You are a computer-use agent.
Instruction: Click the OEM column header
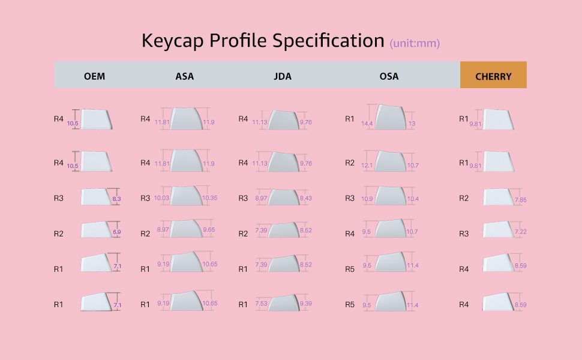click(x=94, y=76)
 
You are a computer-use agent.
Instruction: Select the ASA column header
click(x=185, y=76)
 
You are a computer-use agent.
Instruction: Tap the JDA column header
click(x=282, y=76)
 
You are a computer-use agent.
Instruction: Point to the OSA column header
click(x=389, y=76)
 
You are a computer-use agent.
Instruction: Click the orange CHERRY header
click(x=493, y=76)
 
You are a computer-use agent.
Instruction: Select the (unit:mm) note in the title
click(x=415, y=43)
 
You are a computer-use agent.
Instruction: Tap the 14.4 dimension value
click(x=367, y=124)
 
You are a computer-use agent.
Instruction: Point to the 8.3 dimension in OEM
click(x=116, y=198)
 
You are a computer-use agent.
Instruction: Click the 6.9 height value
click(x=116, y=232)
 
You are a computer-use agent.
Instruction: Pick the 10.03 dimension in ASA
click(x=161, y=198)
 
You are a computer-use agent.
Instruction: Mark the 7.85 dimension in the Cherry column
click(x=520, y=200)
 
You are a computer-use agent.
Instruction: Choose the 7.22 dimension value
click(x=520, y=232)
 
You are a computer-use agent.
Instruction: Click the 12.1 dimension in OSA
click(x=367, y=165)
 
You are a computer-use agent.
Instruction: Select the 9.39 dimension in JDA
click(x=307, y=304)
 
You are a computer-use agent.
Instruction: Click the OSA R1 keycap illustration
click(x=390, y=118)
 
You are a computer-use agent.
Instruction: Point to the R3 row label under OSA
click(x=350, y=198)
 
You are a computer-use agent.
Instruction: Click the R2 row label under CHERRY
click(x=464, y=198)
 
